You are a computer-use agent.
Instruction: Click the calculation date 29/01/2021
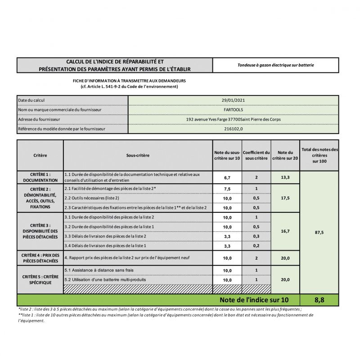point(233,100)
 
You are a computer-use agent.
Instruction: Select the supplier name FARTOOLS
point(233,110)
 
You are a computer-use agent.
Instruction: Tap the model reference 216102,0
point(233,129)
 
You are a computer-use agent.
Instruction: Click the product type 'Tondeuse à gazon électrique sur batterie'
point(275,65)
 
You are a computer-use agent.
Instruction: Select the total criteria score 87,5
point(319,232)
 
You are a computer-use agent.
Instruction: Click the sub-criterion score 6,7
point(227,178)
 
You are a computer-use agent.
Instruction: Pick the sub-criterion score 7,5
point(227,189)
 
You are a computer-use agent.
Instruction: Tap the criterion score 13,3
point(285,177)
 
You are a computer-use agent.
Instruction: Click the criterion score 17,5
point(285,198)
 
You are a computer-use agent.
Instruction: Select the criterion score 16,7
point(285,231)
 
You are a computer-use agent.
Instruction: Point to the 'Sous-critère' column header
point(138,155)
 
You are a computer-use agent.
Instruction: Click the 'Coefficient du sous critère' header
point(256,155)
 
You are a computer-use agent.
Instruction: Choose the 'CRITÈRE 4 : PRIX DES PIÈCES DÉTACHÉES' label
point(40,258)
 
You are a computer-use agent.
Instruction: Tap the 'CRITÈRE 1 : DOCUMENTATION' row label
point(40,177)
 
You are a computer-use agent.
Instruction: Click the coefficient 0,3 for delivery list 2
point(256,236)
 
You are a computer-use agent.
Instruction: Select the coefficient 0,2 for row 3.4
point(256,246)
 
